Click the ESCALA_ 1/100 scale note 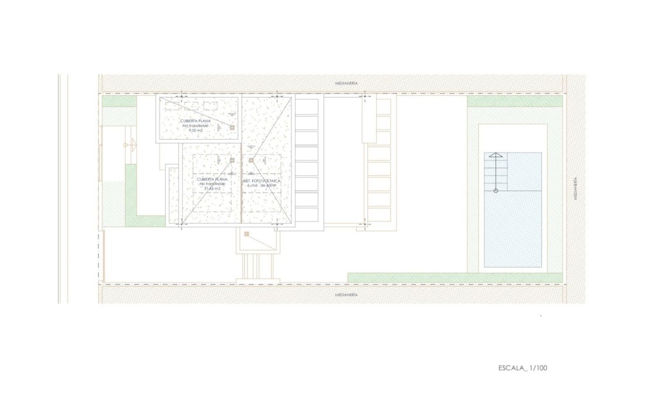tap(523, 368)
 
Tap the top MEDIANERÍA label tap(346, 84)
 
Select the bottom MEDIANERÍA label tap(346, 295)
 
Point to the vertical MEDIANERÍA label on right tap(575, 189)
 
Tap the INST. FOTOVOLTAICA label tap(262, 182)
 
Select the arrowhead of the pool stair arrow tap(495, 155)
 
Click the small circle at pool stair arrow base tap(495, 191)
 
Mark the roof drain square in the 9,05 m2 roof tap(232, 127)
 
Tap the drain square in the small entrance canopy tap(247, 234)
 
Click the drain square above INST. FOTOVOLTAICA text tap(251, 160)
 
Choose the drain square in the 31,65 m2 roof tap(232, 160)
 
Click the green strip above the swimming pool tap(515, 102)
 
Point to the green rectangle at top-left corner tap(119, 102)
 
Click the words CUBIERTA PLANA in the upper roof tap(196, 121)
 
